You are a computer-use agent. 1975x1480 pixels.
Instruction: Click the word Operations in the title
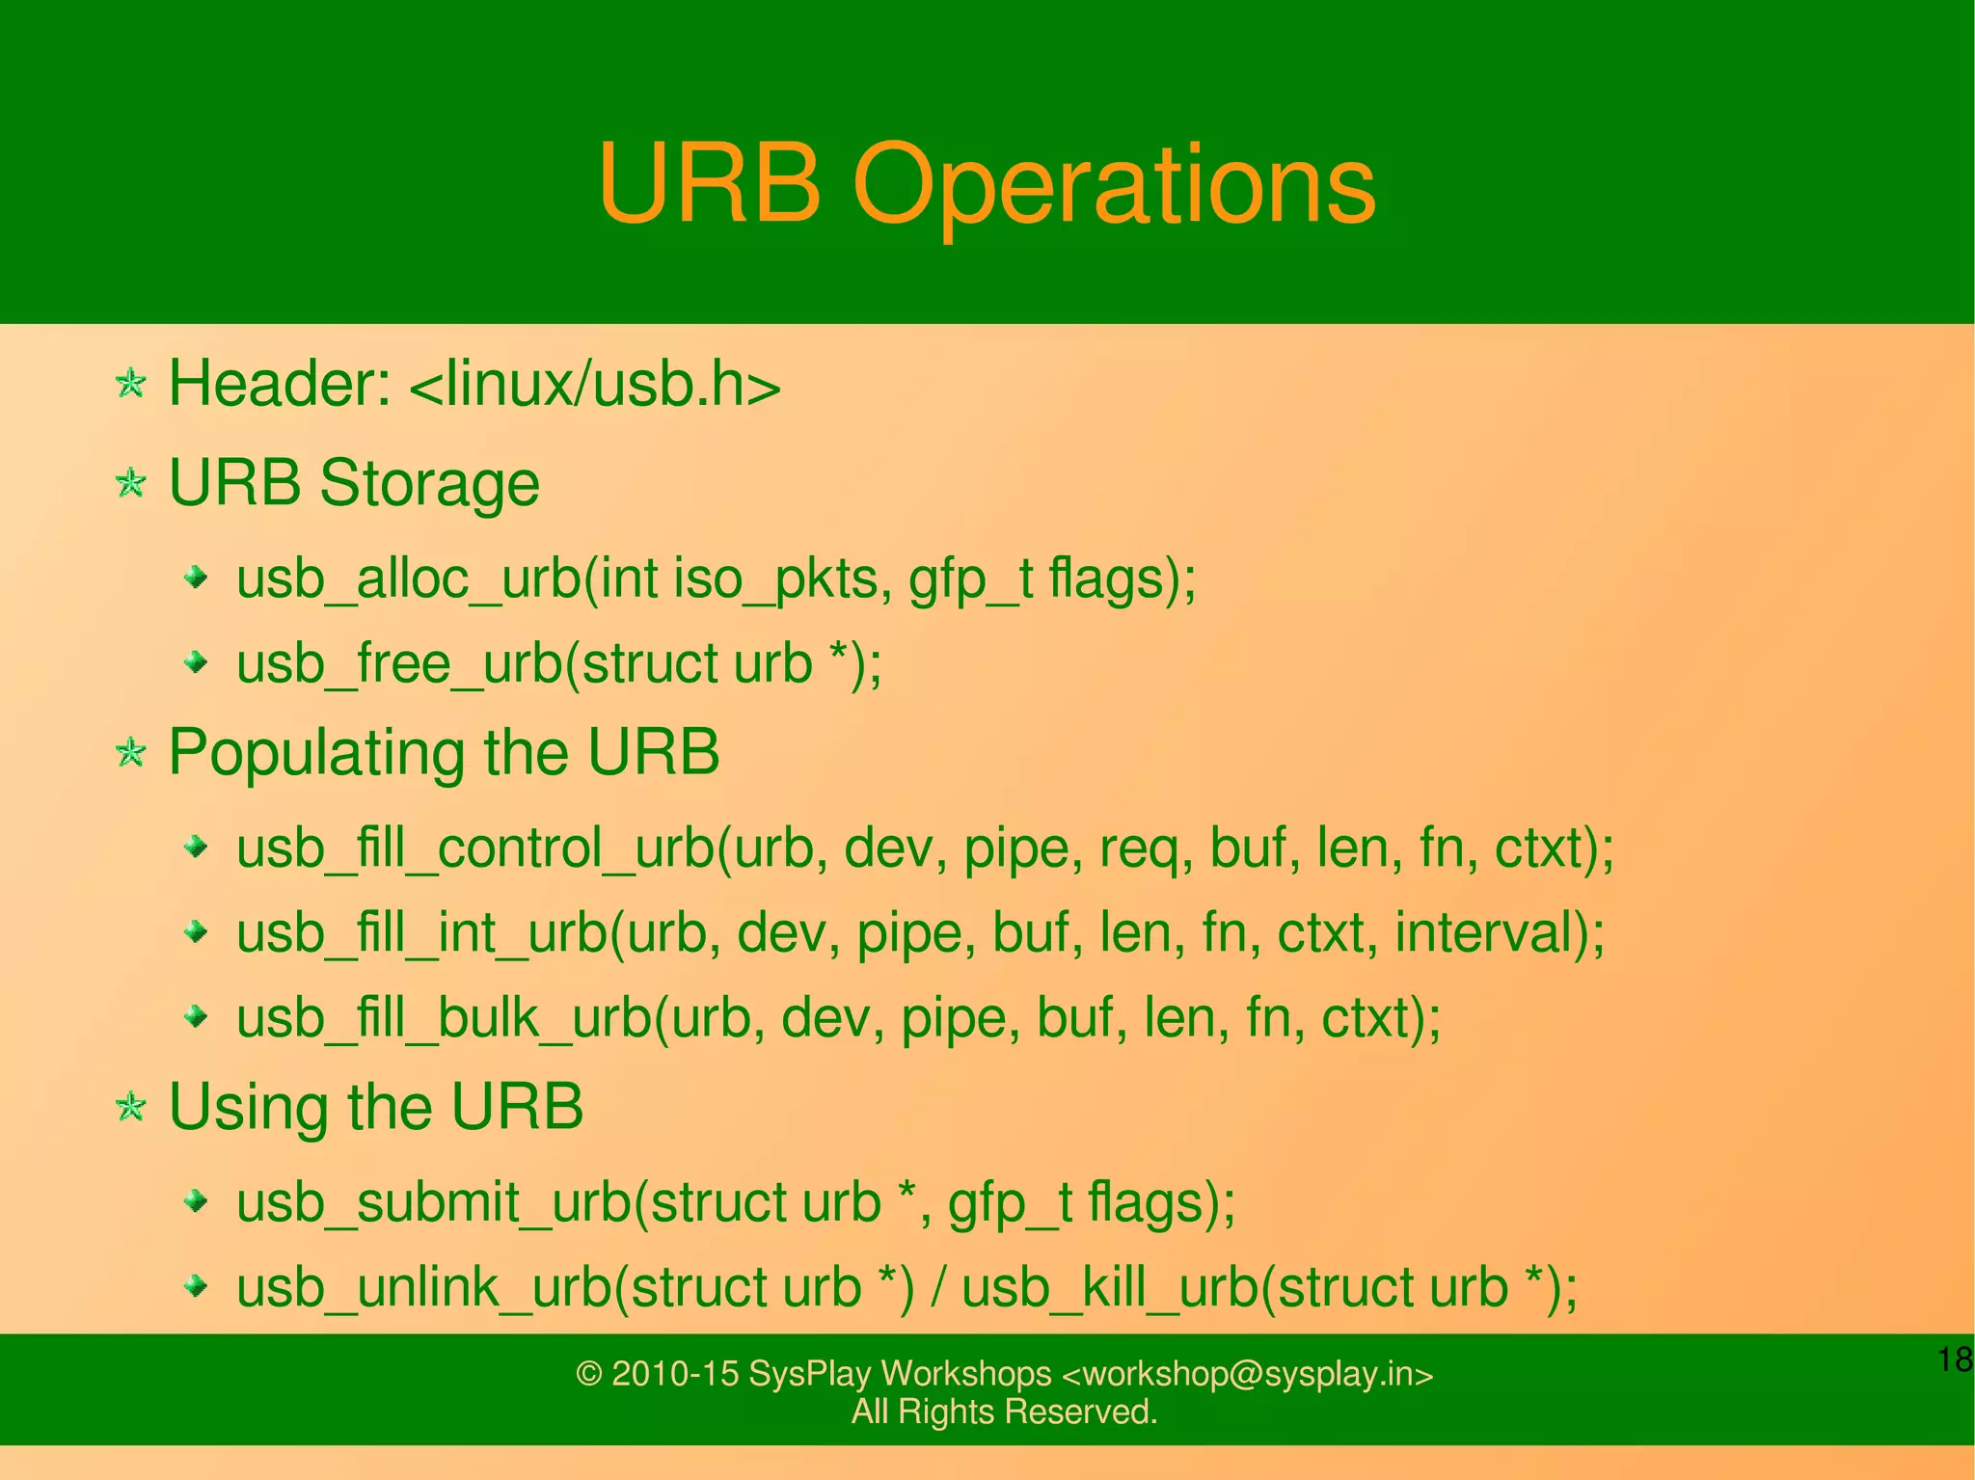click(x=1113, y=184)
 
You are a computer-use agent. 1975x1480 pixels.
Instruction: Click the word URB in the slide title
click(x=709, y=182)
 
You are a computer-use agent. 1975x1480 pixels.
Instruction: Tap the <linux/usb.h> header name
click(x=595, y=386)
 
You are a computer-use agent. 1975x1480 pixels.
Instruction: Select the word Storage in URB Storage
click(x=429, y=483)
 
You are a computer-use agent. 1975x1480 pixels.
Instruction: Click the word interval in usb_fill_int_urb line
click(x=1491, y=932)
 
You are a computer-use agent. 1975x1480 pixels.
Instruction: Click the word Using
click(x=249, y=1108)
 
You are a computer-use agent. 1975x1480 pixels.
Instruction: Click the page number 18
click(x=1955, y=1360)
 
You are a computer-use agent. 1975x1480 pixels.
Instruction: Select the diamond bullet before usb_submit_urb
click(x=197, y=1201)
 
